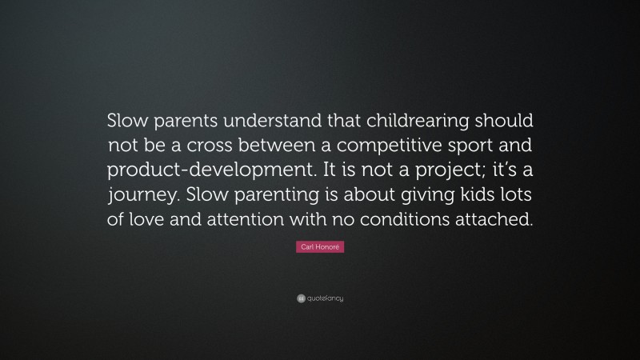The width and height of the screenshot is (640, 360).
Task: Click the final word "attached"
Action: pos(494,221)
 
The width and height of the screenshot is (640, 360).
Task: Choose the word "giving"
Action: pos(413,196)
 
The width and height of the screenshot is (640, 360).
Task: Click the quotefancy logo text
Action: pos(324,298)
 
